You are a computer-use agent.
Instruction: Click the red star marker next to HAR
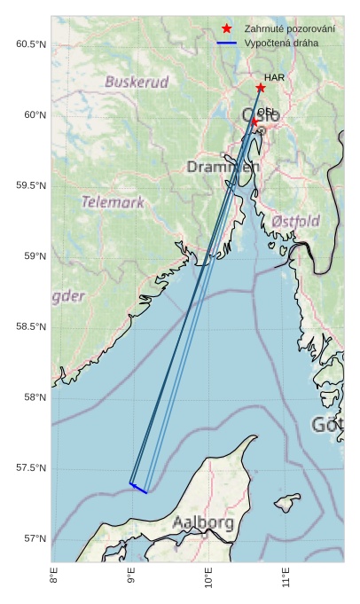pyautogui.click(x=261, y=88)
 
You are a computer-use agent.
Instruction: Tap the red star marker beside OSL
pyautogui.click(x=254, y=122)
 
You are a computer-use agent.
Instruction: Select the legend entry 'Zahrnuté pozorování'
pyautogui.click(x=289, y=29)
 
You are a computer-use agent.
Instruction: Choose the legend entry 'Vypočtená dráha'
pyautogui.click(x=283, y=43)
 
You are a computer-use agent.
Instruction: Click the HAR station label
pyautogui.click(x=274, y=78)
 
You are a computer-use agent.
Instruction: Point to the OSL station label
pyautogui.click(x=266, y=112)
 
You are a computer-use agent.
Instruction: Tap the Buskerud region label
pyautogui.click(x=137, y=82)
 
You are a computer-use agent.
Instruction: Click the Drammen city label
pyautogui.click(x=223, y=167)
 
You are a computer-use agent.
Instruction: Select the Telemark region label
pyautogui.click(x=113, y=202)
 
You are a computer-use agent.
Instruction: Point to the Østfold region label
pyautogui.click(x=295, y=220)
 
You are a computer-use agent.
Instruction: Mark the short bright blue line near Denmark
pyautogui.click(x=138, y=488)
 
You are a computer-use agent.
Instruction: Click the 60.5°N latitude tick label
pyautogui.click(x=31, y=44)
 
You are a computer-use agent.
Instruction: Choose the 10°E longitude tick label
pyautogui.click(x=208, y=582)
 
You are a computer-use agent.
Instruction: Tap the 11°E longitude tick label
pyautogui.click(x=286, y=582)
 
